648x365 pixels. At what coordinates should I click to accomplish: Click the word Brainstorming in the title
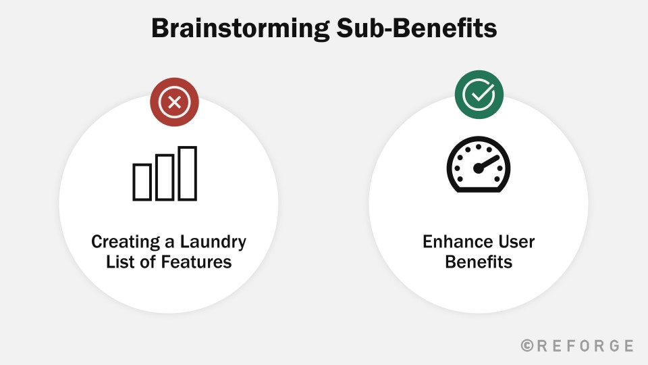click(x=240, y=29)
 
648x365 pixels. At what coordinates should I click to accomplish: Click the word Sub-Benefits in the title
click(x=417, y=28)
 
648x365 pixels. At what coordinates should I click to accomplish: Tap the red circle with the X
click(x=174, y=102)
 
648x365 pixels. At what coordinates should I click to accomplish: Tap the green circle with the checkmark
click(x=479, y=95)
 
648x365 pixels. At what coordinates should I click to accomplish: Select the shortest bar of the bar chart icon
click(x=142, y=182)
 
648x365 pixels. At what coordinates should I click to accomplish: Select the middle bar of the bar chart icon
click(x=165, y=178)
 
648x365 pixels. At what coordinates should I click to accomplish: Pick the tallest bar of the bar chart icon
click(x=187, y=174)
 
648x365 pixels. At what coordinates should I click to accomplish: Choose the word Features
click(x=196, y=262)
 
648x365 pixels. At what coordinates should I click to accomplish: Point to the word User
click(x=516, y=242)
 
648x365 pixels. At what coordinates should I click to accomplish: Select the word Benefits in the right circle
click(x=479, y=262)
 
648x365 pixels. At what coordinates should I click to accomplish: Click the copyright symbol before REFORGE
click(x=527, y=345)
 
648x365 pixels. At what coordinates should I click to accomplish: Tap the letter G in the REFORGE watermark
click(x=613, y=345)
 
